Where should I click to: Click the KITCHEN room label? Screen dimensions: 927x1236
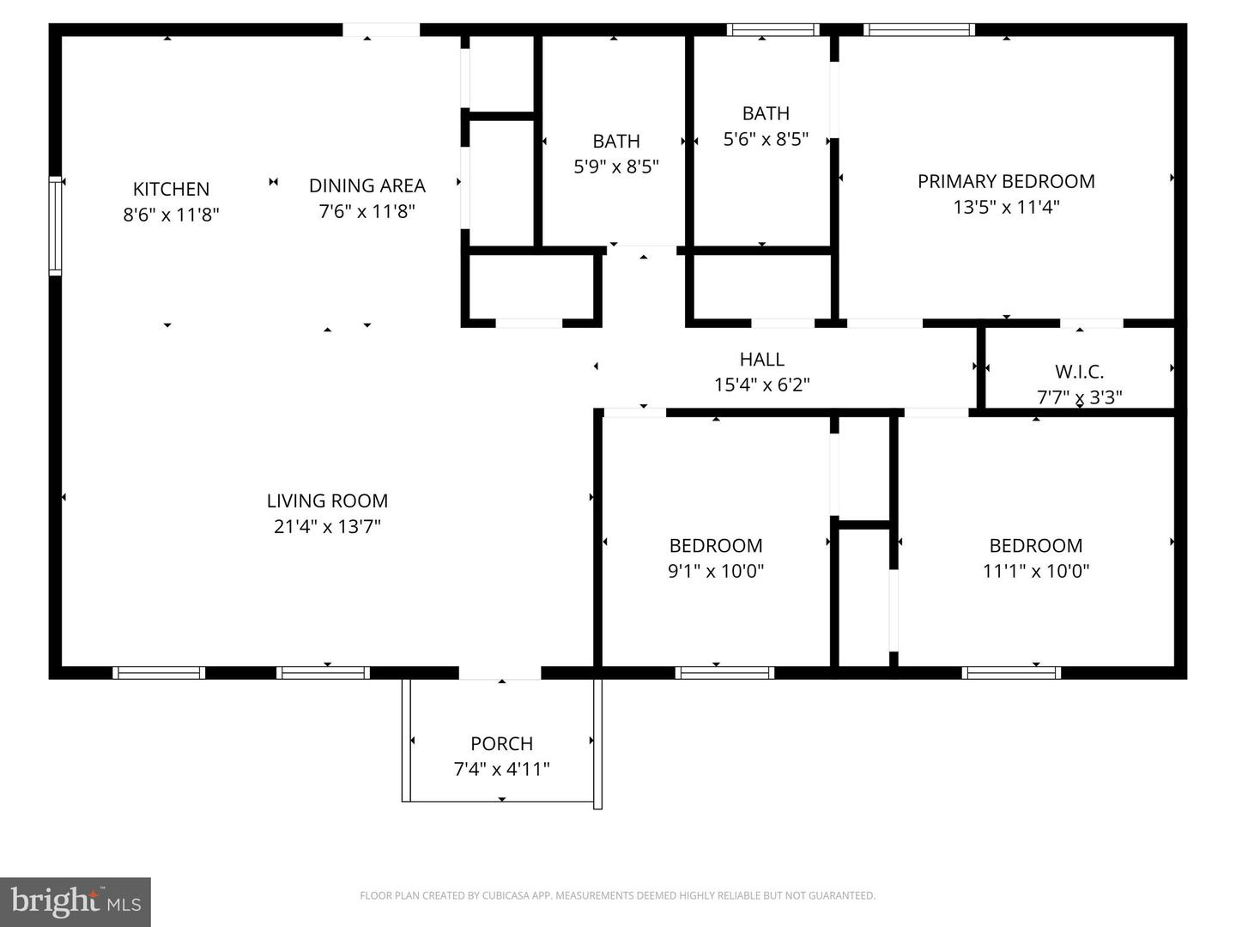click(171, 189)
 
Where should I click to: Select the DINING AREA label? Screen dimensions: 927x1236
click(367, 185)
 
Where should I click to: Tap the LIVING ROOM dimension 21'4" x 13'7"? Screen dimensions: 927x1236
click(327, 526)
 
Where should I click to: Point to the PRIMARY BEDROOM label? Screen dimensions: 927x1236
click(1006, 181)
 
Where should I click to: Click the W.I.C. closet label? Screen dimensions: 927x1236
click(1079, 372)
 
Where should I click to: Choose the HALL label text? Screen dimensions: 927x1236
click(761, 360)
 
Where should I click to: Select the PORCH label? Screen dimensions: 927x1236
click(501, 743)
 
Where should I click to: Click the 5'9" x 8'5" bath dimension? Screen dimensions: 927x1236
click(615, 167)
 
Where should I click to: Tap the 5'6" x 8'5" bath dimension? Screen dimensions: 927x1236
click(766, 139)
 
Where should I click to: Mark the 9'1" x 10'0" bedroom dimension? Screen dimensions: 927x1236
click(716, 571)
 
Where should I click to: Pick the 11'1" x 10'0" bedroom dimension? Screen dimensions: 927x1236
click(1035, 571)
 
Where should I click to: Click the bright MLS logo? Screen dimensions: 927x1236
click(76, 902)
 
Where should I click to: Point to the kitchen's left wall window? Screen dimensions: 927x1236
click(56, 225)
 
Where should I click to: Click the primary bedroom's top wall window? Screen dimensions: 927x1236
click(919, 30)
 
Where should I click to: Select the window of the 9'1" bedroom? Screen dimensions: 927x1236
click(724, 673)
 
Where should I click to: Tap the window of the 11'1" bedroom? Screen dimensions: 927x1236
click(1011, 673)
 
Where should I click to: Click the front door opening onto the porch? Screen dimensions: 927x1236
click(500, 673)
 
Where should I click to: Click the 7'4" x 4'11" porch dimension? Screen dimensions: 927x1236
click(501, 769)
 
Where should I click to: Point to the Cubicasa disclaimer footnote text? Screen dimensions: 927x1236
click(617, 896)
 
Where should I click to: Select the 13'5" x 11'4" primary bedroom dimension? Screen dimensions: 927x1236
click(1006, 207)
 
